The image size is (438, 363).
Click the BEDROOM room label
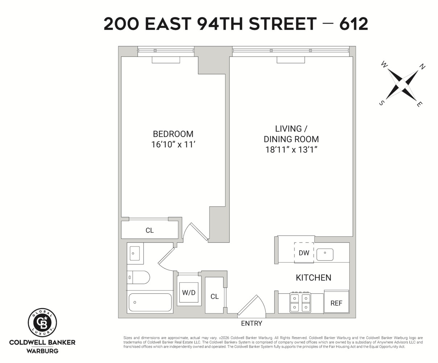[x=173, y=134]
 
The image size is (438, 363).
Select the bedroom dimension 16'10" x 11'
[x=173, y=144]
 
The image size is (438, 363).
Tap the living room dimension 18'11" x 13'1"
[x=291, y=150]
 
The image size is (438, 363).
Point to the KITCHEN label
[x=313, y=278]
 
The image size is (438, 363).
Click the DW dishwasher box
[x=304, y=253]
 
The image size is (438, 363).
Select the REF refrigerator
[x=336, y=303]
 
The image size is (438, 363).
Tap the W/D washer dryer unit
[x=189, y=292]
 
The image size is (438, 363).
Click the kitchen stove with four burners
[x=300, y=303]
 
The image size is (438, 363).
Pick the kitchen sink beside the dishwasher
[x=325, y=254]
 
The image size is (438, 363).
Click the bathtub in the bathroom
[x=150, y=302]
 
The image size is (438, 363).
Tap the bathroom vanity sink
[x=135, y=253]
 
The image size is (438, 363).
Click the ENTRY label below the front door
[x=251, y=323]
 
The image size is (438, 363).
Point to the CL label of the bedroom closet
[x=149, y=230]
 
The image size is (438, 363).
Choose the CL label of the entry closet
[x=215, y=297]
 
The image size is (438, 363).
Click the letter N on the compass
[x=422, y=66]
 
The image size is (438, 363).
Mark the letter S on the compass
[x=381, y=103]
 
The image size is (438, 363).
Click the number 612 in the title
[x=354, y=24]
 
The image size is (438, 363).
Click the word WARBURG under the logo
[x=42, y=351]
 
